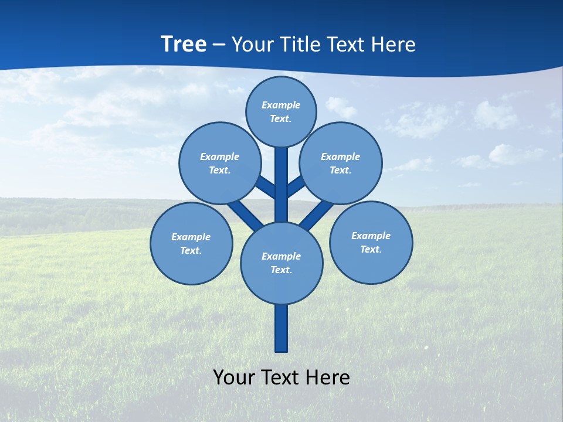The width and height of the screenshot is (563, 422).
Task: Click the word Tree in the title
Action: [x=184, y=45]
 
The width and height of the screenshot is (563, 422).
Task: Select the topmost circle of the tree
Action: [x=281, y=111]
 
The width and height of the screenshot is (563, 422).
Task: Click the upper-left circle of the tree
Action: [x=220, y=163]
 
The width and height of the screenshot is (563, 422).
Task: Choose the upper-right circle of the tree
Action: [x=341, y=163]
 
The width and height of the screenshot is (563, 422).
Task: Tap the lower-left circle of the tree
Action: [x=191, y=243]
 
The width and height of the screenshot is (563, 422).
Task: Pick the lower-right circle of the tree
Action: [x=371, y=242]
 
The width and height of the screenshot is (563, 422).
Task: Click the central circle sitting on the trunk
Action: [x=281, y=263]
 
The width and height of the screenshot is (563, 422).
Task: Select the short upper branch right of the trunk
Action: [x=296, y=186]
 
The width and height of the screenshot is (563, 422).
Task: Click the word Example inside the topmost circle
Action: [x=281, y=105]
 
